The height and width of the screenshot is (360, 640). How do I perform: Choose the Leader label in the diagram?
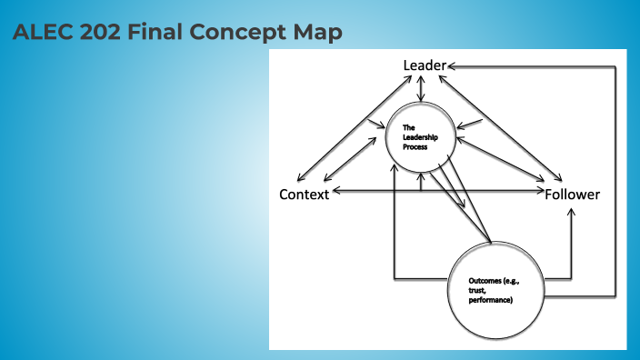point(425,65)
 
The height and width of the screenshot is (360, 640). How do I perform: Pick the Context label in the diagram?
point(304,195)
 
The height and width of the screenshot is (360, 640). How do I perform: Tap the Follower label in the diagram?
point(573,195)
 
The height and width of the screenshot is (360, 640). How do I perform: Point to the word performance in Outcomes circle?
point(491,300)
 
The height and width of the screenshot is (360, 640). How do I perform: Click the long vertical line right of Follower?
point(616,182)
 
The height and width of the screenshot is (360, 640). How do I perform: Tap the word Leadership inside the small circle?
point(417,136)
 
